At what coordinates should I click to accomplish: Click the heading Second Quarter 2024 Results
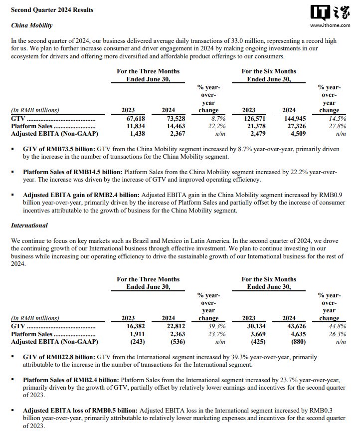[x=52, y=10]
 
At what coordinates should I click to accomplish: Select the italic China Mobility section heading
[x=32, y=25]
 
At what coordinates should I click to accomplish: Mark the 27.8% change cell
[x=331, y=126]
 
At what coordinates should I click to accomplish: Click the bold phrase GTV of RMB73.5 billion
[x=58, y=149]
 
